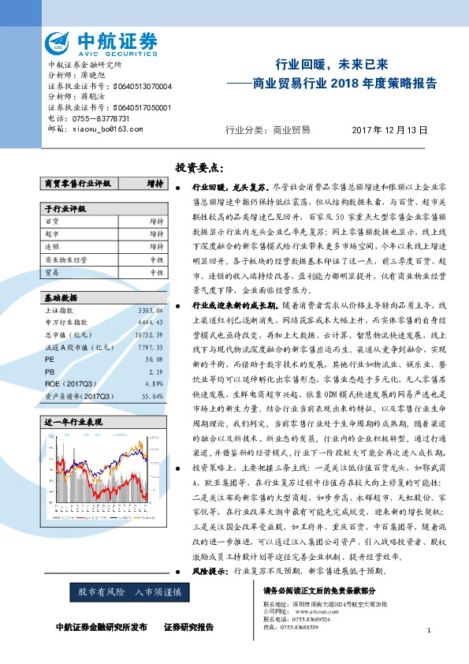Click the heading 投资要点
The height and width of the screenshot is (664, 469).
[x=199, y=167]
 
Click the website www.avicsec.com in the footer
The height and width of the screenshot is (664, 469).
[x=310, y=610]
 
